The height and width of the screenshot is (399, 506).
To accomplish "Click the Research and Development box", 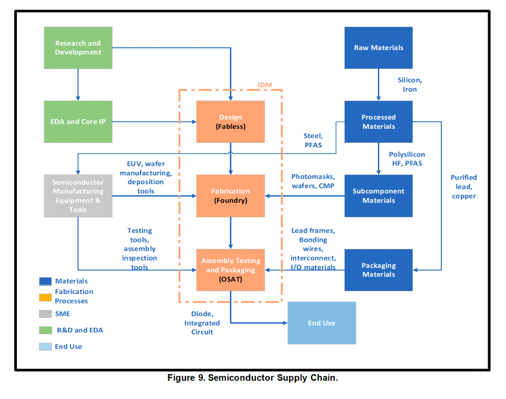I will (78, 48).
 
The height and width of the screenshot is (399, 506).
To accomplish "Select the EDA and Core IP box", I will (78, 122).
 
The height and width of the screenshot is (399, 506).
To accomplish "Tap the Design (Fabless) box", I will (230, 122).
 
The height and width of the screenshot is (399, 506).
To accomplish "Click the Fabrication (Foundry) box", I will (230, 195).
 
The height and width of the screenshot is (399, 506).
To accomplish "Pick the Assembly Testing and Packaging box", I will (230, 270).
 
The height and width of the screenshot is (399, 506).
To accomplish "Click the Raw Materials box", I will (378, 48).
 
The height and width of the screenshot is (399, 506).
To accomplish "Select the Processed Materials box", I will (378, 122).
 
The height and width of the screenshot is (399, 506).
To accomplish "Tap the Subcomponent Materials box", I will (378, 195).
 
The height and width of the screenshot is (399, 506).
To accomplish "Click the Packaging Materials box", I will (378, 270).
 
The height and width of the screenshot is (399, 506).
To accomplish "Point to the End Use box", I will (321, 323).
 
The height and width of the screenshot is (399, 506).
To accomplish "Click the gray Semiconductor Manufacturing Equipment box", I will (78, 195).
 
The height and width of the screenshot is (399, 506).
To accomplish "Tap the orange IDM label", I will (264, 85).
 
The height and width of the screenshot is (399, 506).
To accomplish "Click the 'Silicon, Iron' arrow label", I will (410, 85).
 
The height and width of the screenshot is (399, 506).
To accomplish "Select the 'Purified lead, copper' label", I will (463, 187).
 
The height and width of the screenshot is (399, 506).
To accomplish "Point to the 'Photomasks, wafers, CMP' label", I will (313, 181).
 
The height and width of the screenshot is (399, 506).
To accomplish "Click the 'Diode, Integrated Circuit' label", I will (202, 323).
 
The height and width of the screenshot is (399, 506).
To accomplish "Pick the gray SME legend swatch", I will (45, 314).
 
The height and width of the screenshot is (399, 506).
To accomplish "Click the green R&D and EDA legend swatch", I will (45, 330).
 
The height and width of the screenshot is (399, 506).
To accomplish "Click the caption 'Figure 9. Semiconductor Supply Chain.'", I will (252, 378).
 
